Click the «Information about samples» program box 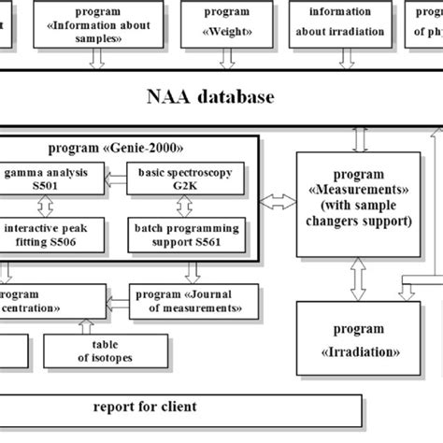click(96, 24)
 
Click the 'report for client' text click(145, 408)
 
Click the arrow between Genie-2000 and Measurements click(278, 201)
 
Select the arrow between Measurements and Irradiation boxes click(355, 279)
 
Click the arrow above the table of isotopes click(87, 326)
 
